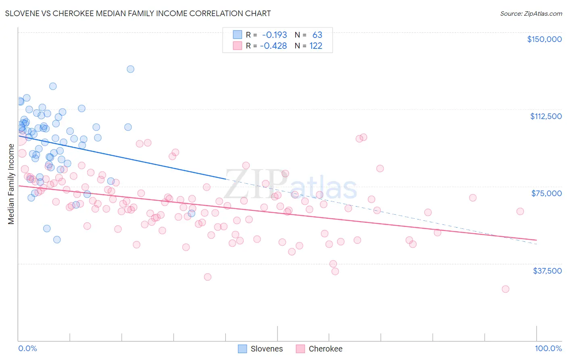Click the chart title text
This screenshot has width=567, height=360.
(x=138, y=13)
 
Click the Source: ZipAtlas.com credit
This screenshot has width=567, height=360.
(x=531, y=13)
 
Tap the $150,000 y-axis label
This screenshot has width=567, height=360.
(x=544, y=39)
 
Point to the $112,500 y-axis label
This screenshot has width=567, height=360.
(x=546, y=116)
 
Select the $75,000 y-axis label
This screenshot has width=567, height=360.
(x=546, y=193)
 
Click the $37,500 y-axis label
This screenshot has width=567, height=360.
(x=547, y=271)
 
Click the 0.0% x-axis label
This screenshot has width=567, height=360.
(x=27, y=348)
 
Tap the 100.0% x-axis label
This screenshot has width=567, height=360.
(x=548, y=348)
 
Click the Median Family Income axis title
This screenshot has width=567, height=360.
(x=11, y=184)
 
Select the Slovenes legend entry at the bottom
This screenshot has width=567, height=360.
(x=261, y=349)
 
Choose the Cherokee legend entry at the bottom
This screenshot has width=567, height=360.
(x=319, y=349)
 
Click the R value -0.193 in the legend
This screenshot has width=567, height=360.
(x=274, y=35)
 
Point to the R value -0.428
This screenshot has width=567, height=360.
(x=273, y=46)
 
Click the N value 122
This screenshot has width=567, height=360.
(x=316, y=46)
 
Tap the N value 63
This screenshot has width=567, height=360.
(x=317, y=35)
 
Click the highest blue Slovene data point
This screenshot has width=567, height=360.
(x=130, y=69)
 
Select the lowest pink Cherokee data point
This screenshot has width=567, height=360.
(x=505, y=289)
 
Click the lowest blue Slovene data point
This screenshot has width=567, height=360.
(x=57, y=240)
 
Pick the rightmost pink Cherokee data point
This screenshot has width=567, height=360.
(x=520, y=211)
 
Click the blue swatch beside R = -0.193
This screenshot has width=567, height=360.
(x=238, y=35)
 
